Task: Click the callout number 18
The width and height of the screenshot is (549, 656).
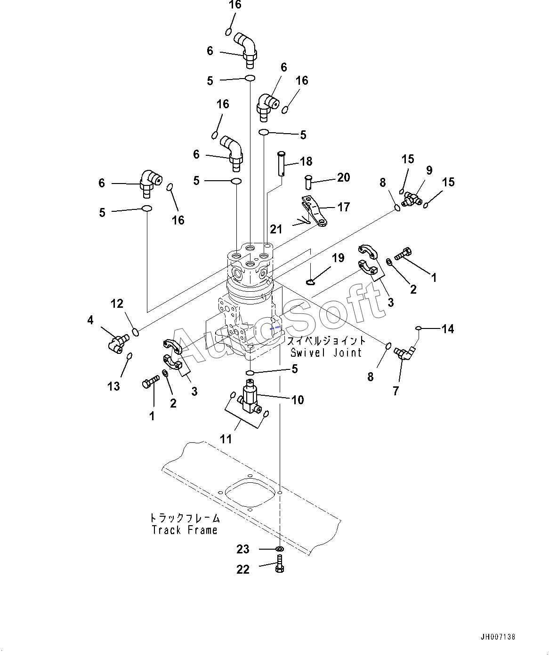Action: pyautogui.click(x=306, y=161)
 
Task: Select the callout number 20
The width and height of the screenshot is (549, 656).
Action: pyautogui.click(x=343, y=177)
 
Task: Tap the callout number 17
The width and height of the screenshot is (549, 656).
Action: pyautogui.click(x=344, y=207)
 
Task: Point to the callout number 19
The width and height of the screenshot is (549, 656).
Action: pyautogui.click(x=338, y=258)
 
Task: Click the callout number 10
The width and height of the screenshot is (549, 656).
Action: pyautogui.click(x=298, y=400)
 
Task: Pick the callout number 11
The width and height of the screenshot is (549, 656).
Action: pyautogui.click(x=226, y=439)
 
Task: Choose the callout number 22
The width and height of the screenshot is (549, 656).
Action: pyautogui.click(x=243, y=569)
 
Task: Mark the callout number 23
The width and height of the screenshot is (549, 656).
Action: pyautogui.click(x=243, y=549)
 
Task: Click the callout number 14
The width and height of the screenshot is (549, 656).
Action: pyautogui.click(x=448, y=329)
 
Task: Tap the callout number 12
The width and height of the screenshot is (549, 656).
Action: pyautogui.click(x=117, y=304)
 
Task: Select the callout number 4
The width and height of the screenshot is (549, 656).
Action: pyautogui.click(x=90, y=320)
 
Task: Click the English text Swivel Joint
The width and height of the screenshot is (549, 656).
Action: pyautogui.click(x=326, y=352)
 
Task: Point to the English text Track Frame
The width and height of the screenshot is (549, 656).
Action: pyautogui.click(x=185, y=530)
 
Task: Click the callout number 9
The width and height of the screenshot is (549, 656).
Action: pyautogui.click(x=429, y=170)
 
